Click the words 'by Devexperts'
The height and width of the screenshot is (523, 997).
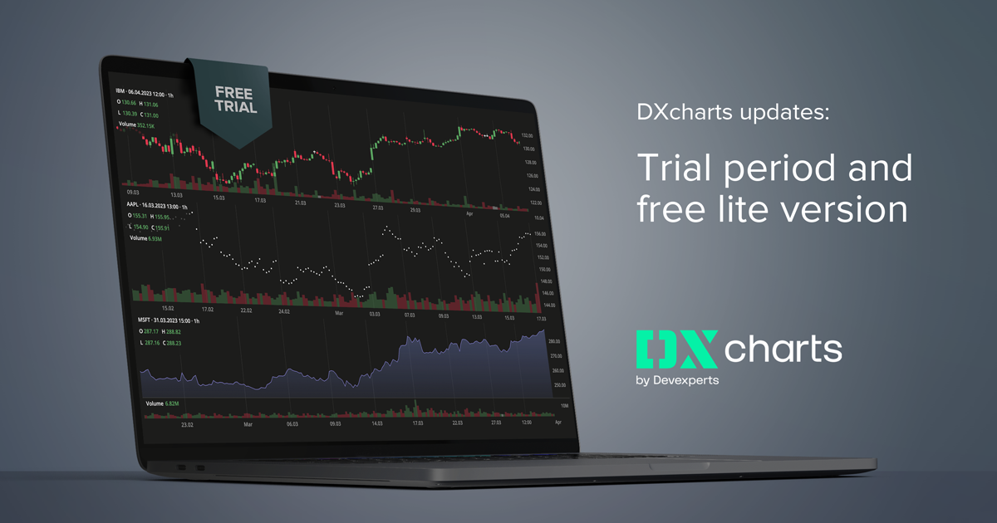click(677, 381)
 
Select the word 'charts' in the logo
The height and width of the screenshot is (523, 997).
click(782, 349)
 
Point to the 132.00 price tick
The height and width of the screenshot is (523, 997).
click(526, 135)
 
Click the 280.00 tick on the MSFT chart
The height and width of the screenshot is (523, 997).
click(556, 342)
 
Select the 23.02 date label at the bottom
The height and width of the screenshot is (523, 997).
click(188, 424)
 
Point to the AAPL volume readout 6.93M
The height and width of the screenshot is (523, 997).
click(147, 238)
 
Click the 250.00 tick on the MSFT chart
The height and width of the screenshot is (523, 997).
click(559, 385)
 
